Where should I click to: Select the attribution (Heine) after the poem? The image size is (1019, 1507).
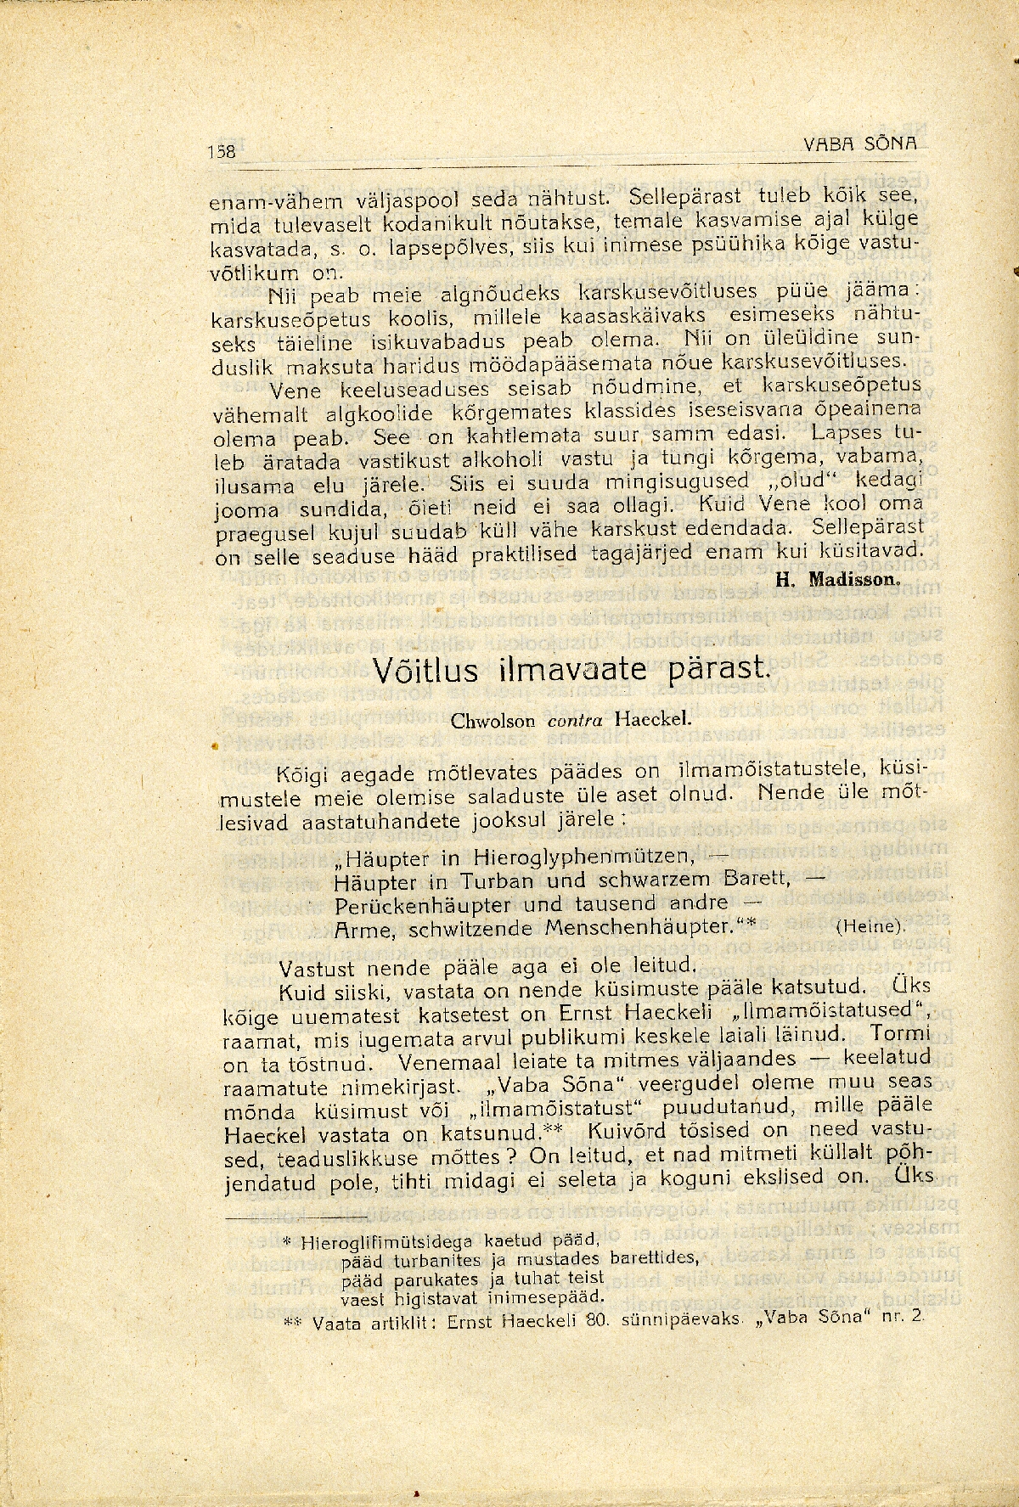click(870, 926)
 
